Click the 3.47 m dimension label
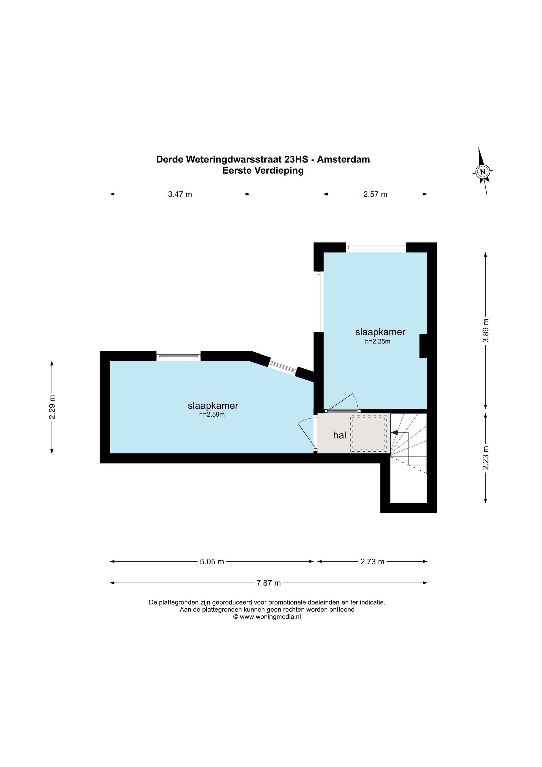point(180,194)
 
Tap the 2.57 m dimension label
point(375,194)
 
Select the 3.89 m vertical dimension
point(486,330)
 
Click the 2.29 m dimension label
point(52,407)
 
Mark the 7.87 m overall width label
point(268,583)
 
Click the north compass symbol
point(482,172)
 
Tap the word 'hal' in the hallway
point(339,435)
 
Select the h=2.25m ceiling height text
point(378,342)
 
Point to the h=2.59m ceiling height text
point(212,415)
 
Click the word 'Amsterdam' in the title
point(343,159)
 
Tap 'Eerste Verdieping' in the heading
point(263,171)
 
